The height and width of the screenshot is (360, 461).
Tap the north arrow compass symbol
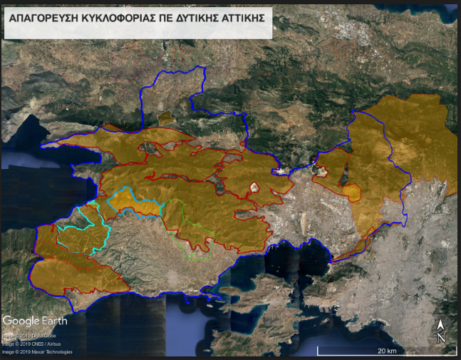tap(440, 331)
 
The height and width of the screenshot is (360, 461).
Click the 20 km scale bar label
tap(387, 351)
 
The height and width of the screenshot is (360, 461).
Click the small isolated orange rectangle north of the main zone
tap(165, 116)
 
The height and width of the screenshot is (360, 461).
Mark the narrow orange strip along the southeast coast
tap(349, 252)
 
